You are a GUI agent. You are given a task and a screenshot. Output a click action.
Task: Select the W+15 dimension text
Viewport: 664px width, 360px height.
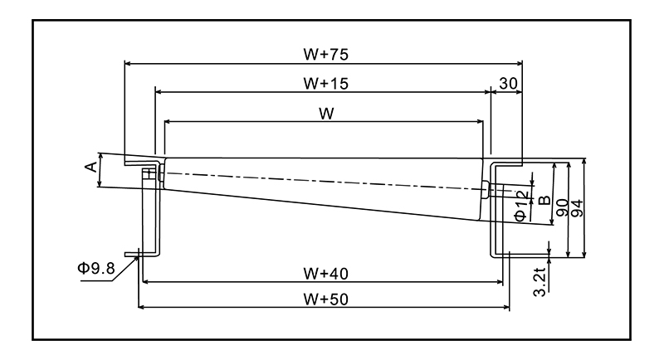325,83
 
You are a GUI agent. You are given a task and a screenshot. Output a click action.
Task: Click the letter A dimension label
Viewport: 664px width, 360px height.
92,168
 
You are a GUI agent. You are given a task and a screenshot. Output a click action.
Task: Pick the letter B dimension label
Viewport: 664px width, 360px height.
544,200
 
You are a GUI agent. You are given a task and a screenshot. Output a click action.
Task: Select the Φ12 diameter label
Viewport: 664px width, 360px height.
520,205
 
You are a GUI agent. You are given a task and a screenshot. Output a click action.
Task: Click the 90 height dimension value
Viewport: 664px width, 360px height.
562,207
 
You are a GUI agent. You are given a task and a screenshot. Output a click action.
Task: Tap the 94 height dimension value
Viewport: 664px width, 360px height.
578,207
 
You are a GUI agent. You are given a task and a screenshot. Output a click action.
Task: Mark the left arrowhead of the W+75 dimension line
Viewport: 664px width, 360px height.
127,62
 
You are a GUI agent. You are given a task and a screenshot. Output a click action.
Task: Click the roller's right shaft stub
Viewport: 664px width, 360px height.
486,188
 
